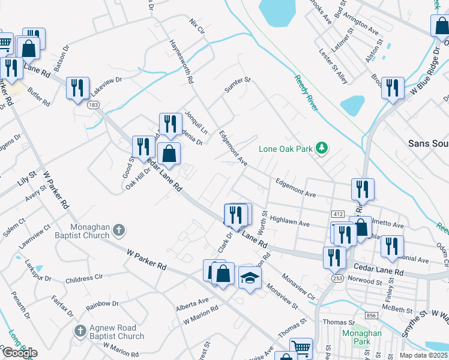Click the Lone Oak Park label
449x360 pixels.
point(286,149)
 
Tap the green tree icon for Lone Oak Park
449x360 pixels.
point(322,148)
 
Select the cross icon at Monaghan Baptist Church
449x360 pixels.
point(119,229)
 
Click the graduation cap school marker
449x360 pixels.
point(250,277)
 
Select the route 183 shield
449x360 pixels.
point(92,104)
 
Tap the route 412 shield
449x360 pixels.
point(337,214)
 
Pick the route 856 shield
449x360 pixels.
point(372,315)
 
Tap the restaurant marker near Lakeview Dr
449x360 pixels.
point(78,88)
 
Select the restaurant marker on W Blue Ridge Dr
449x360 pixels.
point(393,88)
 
